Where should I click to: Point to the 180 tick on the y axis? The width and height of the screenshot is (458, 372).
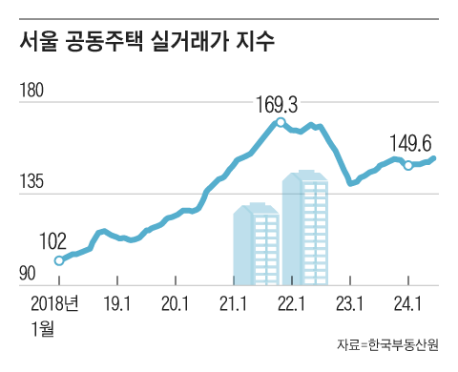click(x=31, y=91)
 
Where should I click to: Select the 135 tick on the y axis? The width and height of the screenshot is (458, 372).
click(x=31, y=182)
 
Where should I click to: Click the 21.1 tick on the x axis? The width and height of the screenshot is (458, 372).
click(x=234, y=305)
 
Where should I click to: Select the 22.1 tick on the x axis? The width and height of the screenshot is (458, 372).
click(x=292, y=305)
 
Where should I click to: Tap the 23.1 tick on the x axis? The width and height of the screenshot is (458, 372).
click(x=350, y=305)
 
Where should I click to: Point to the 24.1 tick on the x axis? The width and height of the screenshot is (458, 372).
click(x=408, y=305)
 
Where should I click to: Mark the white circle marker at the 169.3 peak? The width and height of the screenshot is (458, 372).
click(x=280, y=122)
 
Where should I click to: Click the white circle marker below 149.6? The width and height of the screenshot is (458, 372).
click(x=408, y=165)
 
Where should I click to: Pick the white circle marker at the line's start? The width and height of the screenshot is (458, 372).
click(x=59, y=260)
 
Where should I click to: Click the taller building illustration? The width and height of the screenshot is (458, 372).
click(x=305, y=228)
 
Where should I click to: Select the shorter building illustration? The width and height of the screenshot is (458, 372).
click(x=256, y=244)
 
